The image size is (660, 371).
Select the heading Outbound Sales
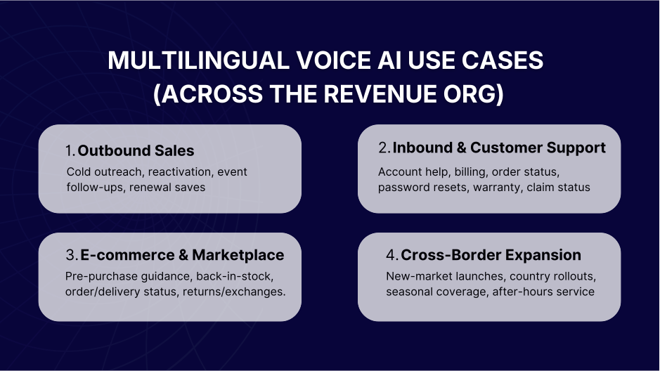pos(136,150)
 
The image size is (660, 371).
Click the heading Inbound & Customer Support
pos(499,148)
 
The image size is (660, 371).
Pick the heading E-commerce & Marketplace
pos(182,254)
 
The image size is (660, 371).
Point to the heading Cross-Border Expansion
pos(491,254)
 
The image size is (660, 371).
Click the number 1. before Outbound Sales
pos(70,150)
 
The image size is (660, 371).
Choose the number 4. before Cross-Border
pos(393,254)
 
